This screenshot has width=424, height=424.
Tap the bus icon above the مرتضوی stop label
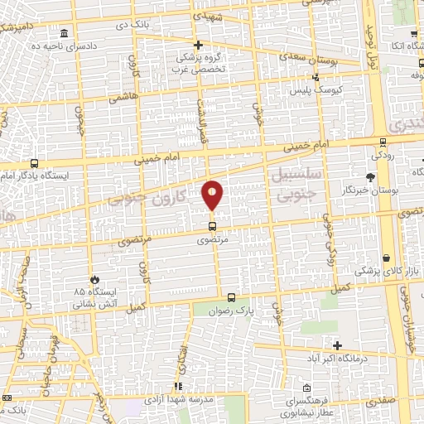(x=212, y=225)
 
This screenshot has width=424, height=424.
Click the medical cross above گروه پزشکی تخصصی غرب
(x=198, y=45)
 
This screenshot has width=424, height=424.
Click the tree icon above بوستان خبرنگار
(x=369, y=177)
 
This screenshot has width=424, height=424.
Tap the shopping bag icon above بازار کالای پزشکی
(x=387, y=257)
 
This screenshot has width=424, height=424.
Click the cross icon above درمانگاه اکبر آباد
(x=336, y=345)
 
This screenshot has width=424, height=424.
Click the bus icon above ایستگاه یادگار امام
(x=33, y=163)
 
